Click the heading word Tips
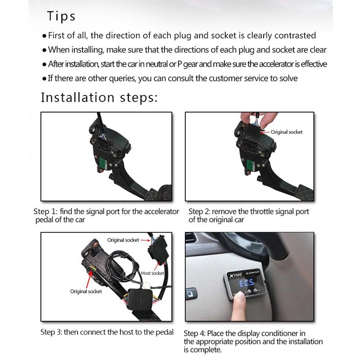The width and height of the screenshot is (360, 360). [x=61, y=17]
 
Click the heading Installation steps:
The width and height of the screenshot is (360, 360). [x=99, y=98]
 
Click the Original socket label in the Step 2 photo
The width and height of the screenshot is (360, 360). [x=287, y=132]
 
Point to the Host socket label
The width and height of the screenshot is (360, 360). [x=152, y=273]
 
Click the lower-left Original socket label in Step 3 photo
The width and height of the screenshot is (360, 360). [x=86, y=292]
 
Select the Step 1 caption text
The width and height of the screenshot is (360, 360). [x=106, y=216]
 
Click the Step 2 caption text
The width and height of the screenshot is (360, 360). [x=248, y=216]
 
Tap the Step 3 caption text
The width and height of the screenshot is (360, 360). [x=107, y=333]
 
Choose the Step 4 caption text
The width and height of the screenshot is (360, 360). [x=253, y=342]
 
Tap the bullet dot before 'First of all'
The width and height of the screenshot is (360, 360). [x=44, y=36]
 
